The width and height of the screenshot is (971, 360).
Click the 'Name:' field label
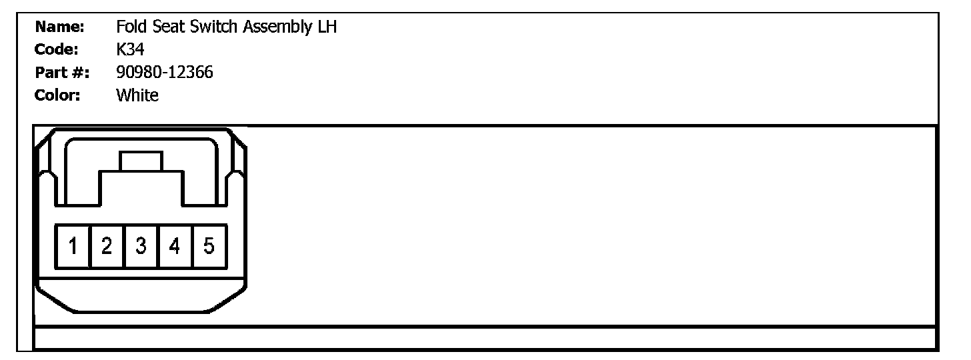pos(59,27)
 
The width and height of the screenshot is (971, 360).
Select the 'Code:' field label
pos(57,50)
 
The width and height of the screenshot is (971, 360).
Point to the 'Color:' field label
pos(58,95)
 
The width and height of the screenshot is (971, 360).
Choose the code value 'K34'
pos(130,50)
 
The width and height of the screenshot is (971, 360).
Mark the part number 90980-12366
pos(165,73)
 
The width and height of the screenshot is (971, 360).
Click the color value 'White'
pos(137,95)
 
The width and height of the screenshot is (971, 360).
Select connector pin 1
pos(73,247)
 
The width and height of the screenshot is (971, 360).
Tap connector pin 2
pos(107,247)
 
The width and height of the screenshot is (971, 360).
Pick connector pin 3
pos(141,247)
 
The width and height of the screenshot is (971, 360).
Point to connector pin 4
pos(175,247)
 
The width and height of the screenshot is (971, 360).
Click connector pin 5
pos(209,247)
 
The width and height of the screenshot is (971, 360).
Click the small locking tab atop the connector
pos(141,161)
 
